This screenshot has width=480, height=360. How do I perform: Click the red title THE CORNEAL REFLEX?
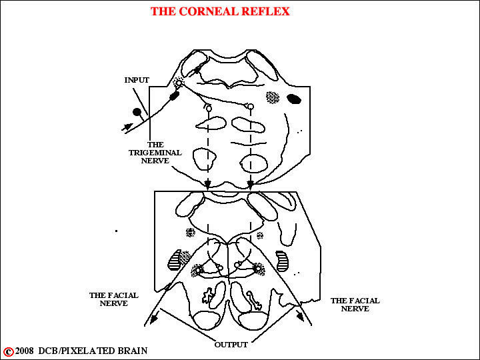(x=220, y=11)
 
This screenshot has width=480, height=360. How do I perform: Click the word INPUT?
(x=137, y=80)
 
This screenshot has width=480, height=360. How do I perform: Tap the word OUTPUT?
(x=231, y=345)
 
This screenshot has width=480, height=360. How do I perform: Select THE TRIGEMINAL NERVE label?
(x=155, y=153)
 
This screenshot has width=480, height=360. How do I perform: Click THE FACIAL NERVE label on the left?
(x=114, y=299)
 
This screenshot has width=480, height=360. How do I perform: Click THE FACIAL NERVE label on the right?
(x=355, y=305)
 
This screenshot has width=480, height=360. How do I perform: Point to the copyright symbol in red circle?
(x=8, y=351)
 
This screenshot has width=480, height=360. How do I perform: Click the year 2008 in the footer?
(x=24, y=351)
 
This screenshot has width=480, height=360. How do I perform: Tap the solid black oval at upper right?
(x=294, y=99)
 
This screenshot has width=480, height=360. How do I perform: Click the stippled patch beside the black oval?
(x=273, y=97)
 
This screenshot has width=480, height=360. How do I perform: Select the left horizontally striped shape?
(x=175, y=260)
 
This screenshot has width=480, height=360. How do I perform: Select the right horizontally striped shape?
(x=282, y=261)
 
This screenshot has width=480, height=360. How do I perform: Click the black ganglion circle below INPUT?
(x=137, y=112)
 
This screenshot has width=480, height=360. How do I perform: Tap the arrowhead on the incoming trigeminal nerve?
(x=128, y=127)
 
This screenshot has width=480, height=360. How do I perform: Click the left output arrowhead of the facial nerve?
(x=153, y=319)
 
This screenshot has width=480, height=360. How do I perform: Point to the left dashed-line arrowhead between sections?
(x=208, y=184)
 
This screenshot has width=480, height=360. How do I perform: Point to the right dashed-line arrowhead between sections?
(x=251, y=184)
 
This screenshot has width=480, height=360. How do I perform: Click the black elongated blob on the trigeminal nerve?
(x=175, y=96)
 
